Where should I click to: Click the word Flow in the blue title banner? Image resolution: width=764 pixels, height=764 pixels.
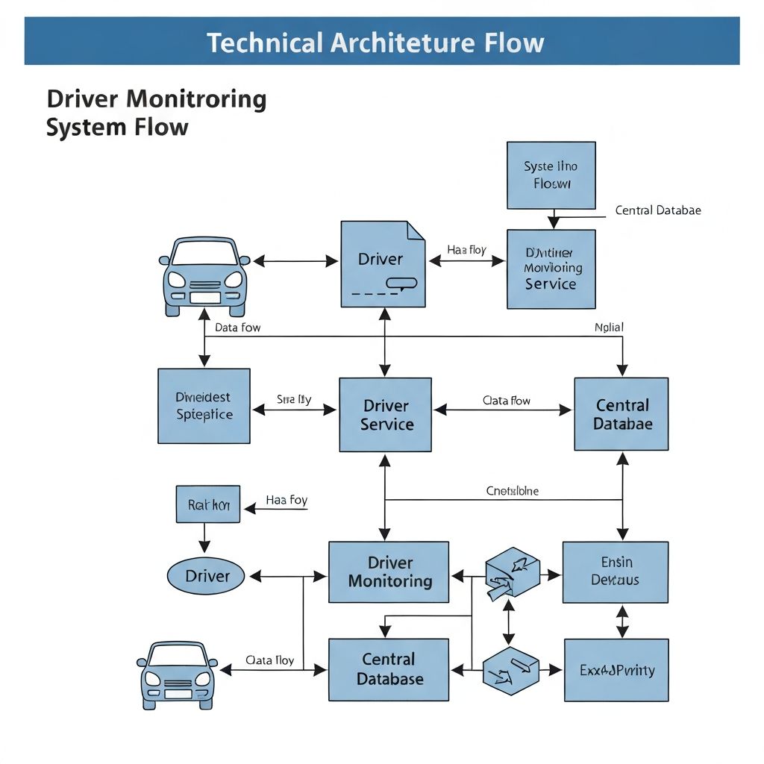click(513, 43)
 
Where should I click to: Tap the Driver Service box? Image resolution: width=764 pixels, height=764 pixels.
click(386, 415)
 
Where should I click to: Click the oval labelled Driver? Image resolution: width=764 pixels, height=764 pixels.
click(206, 576)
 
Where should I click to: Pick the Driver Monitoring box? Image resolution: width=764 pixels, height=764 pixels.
click(389, 572)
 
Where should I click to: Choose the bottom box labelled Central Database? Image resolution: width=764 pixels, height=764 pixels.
click(389, 669)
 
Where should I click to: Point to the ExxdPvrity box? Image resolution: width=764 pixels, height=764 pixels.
click(616, 670)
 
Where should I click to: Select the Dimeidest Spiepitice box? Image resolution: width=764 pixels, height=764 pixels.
click(204, 406)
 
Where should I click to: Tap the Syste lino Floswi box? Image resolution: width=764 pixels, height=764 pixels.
click(551, 175)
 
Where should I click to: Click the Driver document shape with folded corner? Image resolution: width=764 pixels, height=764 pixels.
click(382, 264)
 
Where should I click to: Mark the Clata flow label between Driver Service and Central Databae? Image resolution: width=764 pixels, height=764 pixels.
click(507, 401)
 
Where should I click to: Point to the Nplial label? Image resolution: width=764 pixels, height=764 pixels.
click(609, 327)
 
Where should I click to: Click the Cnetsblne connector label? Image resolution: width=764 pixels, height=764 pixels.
click(512, 491)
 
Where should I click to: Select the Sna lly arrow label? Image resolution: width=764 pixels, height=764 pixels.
click(294, 400)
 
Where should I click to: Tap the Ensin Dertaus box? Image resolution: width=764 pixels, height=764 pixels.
click(615, 572)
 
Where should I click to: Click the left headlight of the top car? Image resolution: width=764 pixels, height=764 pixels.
click(177, 280)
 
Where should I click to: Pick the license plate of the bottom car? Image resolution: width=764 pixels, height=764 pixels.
click(178, 694)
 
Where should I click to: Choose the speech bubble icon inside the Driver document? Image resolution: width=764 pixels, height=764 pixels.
click(401, 284)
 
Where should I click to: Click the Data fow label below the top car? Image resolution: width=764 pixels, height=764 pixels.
click(237, 327)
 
